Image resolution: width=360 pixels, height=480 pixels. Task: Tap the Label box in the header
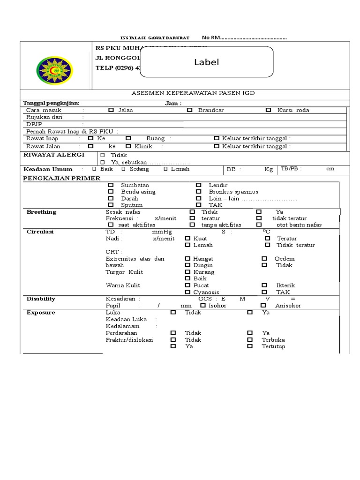[207, 62]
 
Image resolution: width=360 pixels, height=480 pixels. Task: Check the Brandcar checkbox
[190, 110]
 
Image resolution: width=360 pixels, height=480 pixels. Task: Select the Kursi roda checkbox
[268, 110]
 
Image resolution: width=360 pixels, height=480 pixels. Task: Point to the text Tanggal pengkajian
[52, 103]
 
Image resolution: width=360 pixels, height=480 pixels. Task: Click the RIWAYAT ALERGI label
[54, 154]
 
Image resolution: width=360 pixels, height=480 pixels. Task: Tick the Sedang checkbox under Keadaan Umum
[124, 169]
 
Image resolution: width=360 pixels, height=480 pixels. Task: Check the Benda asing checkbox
[111, 192]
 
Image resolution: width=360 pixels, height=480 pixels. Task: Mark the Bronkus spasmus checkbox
[199, 192]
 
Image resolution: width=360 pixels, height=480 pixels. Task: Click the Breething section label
[41, 212]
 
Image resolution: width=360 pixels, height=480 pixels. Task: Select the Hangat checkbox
[187, 259]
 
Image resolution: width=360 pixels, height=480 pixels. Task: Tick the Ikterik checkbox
[265, 285]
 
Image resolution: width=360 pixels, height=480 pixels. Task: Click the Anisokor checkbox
[263, 305]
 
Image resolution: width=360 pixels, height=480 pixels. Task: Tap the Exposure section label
[41, 312]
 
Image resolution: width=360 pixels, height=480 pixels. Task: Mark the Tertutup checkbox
[250, 346]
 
